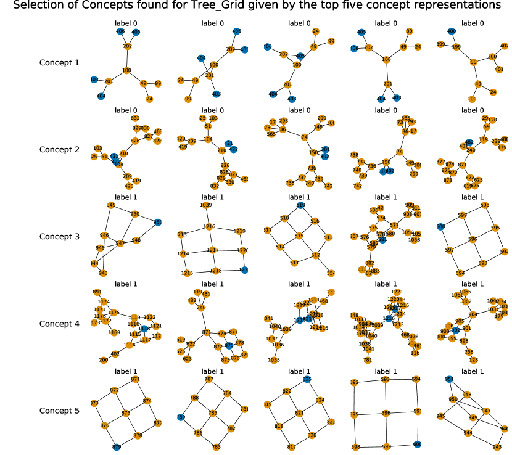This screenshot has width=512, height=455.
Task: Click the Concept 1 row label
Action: tap(59, 62)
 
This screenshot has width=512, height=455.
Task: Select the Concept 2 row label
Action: tap(59, 149)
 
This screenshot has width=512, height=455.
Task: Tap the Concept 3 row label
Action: tap(59, 236)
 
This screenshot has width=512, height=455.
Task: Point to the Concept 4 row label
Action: tap(59, 323)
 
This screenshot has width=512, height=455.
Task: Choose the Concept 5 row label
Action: tap(59, 411)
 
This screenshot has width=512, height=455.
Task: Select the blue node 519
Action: tap(300, 205)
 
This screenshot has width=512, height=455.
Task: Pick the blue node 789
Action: tap(181, 417)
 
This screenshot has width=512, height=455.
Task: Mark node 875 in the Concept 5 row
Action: tap(125, 412)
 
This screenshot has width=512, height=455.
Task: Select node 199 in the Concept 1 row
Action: tap(456, 47)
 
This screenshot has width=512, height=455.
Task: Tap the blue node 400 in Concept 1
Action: tap(451, 31)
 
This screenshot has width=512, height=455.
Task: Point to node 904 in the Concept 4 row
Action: tap(473, 314)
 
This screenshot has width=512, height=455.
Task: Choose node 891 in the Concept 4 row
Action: tap(97, 292)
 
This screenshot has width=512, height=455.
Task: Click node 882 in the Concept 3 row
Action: tap(370, 263)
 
